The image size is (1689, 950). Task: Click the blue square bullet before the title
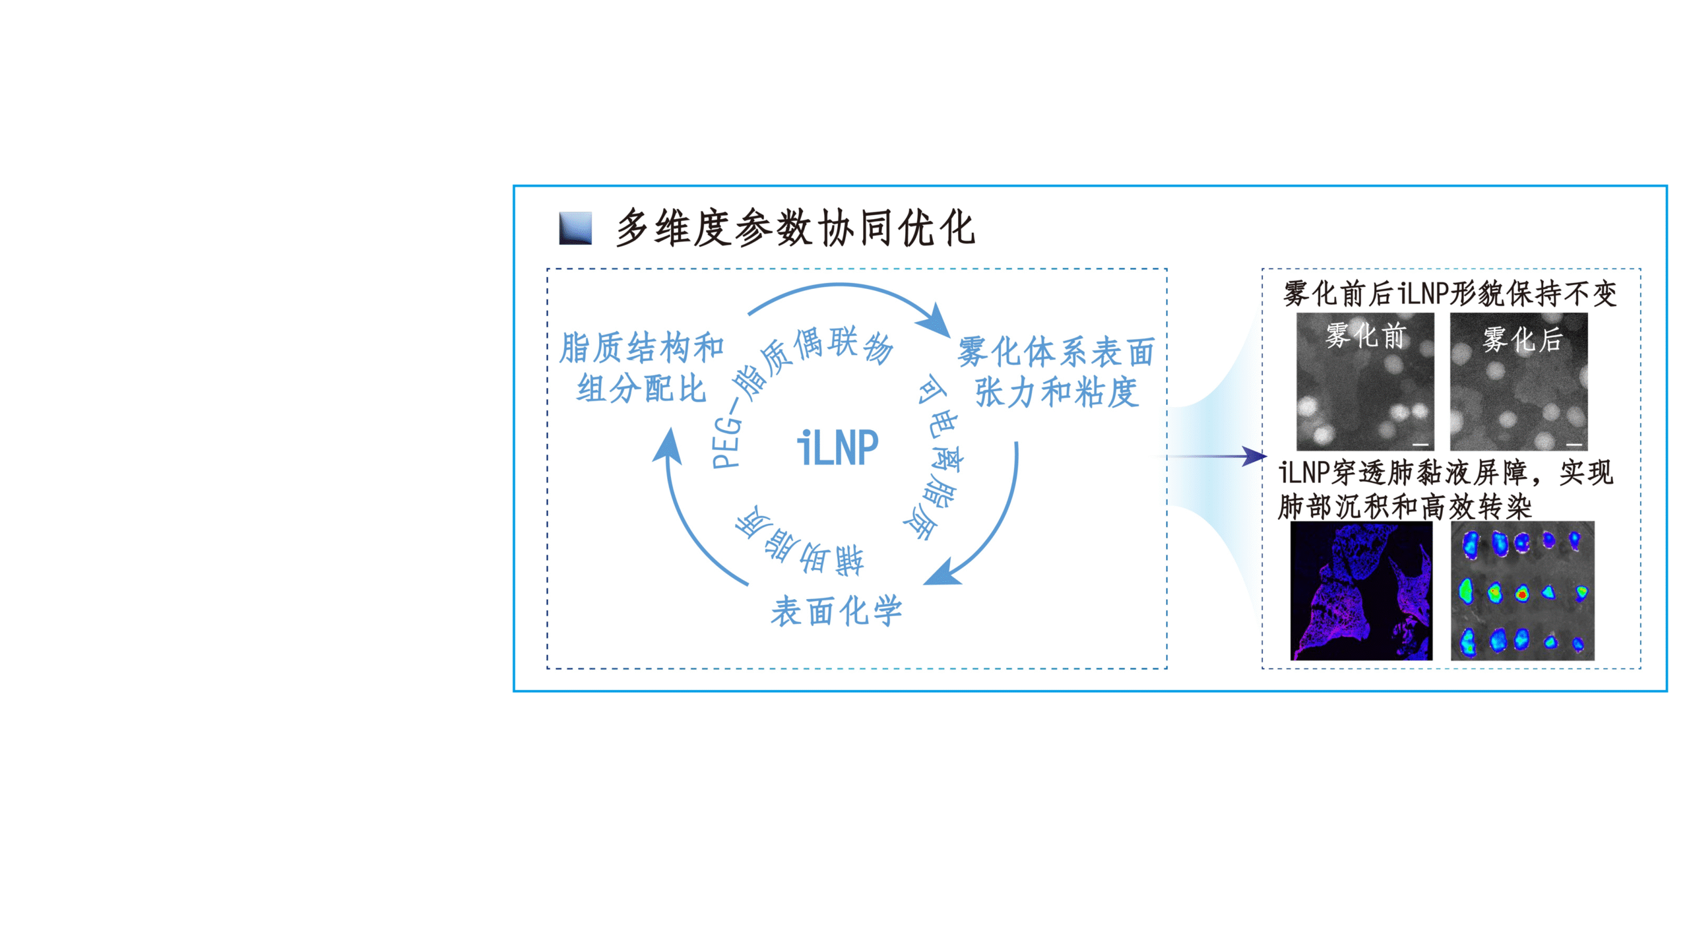pyautogui.click(x=575, y=228)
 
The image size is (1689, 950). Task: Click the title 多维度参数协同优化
pyautogui.click(x=796, y=228)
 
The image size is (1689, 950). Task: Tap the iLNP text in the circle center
pyautogui.click(x=838, y=448)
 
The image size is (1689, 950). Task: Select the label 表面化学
pyautogui.click(x=837, y=611)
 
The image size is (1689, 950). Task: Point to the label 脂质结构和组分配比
pyautogui.click(x=641, y=367)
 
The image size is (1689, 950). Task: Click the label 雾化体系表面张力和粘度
pyautogui.click(x=1056, y=371)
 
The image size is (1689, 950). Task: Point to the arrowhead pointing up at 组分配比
pyautogui.click(x=668, y=445)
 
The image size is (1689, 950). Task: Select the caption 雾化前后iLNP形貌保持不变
pyautogui.click(x=1450, y=294)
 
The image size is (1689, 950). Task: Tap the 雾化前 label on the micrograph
pyautogui.click(x=1366, y=335)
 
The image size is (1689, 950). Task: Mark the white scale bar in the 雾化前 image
pyautogui.click(x=1420, y=444)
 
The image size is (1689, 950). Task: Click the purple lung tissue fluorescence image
pyautogui.click(x=1361, y=591)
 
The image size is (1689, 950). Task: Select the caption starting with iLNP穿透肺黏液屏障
pyautogui.click(x=1446, y=490)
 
